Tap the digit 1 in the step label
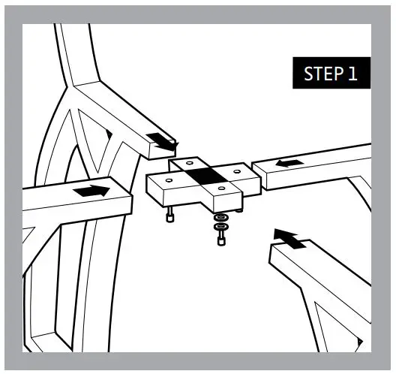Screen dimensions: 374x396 pos(351,74)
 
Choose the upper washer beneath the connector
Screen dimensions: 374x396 pos(220,218)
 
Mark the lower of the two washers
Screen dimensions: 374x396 pos(220,227)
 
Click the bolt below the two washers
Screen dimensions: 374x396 pos(220,239)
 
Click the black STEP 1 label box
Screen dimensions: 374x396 pos(330,74)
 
